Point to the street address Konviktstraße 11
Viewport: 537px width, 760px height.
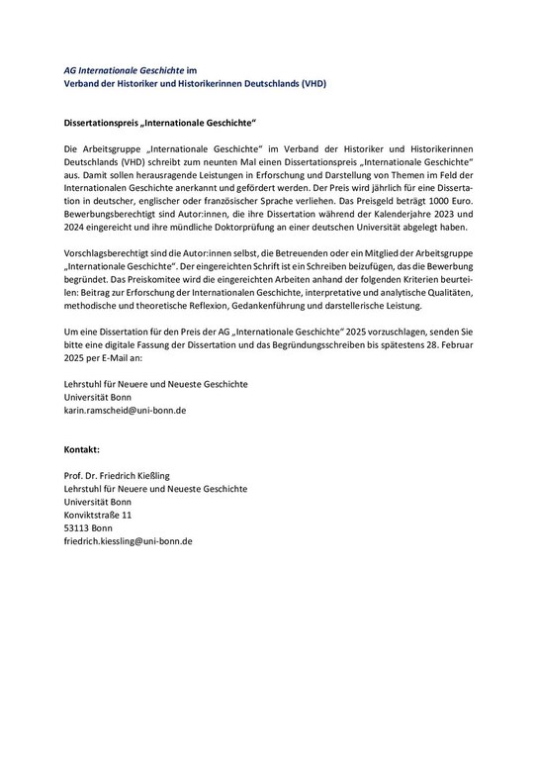(97, 515)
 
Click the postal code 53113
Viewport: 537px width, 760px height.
(77, 528)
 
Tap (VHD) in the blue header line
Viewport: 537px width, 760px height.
(310, 84)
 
